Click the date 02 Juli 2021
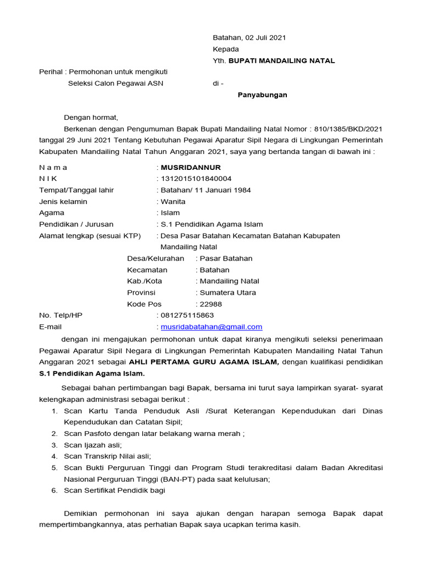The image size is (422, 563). (265, 38)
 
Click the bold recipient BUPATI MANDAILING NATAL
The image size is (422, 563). (281, 60)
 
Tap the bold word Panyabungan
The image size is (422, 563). (262, 95)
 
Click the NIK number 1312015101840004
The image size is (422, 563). (196, 179)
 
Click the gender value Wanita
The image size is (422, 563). (173, 202)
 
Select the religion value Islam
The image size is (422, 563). (170, 213)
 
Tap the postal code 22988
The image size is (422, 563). (211, 304)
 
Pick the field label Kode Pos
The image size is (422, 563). (145, 304)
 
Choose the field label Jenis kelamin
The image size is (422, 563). (63, 202)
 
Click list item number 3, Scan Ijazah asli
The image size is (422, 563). (93, 445)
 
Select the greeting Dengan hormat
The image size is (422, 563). (91, 117)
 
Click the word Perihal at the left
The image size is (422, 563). (50, 72)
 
